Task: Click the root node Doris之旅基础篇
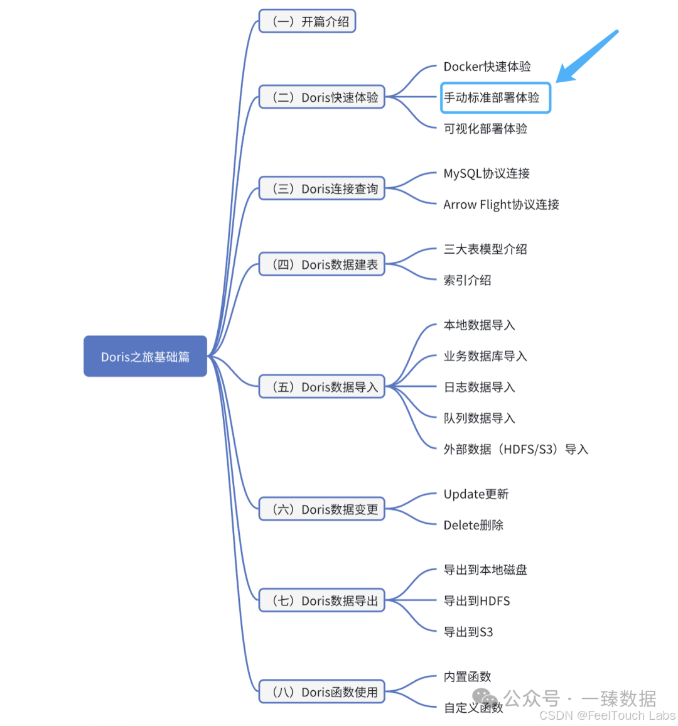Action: coord(145,356)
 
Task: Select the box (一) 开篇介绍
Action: coord(308,21)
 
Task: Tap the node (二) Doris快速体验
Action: coord(321,97)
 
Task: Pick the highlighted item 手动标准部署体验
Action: coord(495,97)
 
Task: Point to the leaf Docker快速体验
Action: coord(487,67)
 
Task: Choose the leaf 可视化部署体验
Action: coord(485,129)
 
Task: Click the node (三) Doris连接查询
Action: coord(321,188)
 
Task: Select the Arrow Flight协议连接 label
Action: coord(501,204)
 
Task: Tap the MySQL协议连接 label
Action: coord(487,173)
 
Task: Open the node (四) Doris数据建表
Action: coord(321,264)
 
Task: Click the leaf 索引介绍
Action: coord(467,280)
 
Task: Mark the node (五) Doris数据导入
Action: coord(321,387)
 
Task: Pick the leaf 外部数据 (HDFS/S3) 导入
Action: coord(515,449)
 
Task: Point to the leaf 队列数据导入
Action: coord(479,418)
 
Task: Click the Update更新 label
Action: coord(476,494)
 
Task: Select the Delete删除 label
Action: coord(473,525)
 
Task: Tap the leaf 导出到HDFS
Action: coord(476,601)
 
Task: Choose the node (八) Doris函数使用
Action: coord(321,692)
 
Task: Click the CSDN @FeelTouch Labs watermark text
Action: coord(607,715)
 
